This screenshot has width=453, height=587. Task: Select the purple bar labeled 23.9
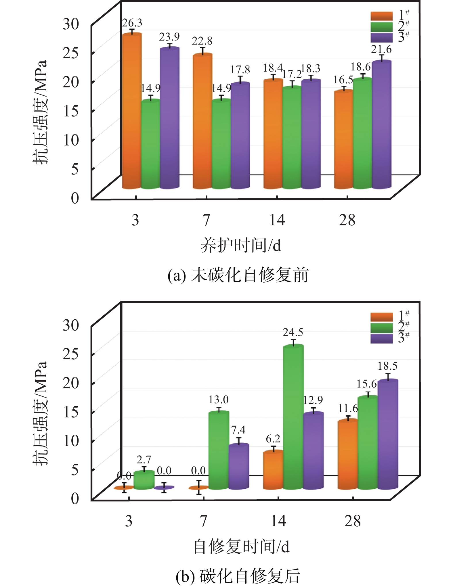point(169,118)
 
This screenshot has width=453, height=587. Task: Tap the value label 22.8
point(202,41)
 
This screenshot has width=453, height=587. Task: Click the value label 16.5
point(343,80)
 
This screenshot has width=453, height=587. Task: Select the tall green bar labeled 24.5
point(293,417)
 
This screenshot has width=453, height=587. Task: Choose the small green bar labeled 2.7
point(144,480)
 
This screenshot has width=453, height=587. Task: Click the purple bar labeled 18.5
point(388,434)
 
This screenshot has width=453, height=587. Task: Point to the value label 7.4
point(238,430)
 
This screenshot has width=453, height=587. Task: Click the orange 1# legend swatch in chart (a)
point(381,16)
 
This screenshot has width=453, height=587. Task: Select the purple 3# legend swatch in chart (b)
point(381,338)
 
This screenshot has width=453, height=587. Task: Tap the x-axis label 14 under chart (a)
point(277,220)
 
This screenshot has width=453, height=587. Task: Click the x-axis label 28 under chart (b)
point(352,521)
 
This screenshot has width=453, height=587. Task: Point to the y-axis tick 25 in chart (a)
point(71,53)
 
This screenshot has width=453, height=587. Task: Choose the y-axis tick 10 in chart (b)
point(71,440)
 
